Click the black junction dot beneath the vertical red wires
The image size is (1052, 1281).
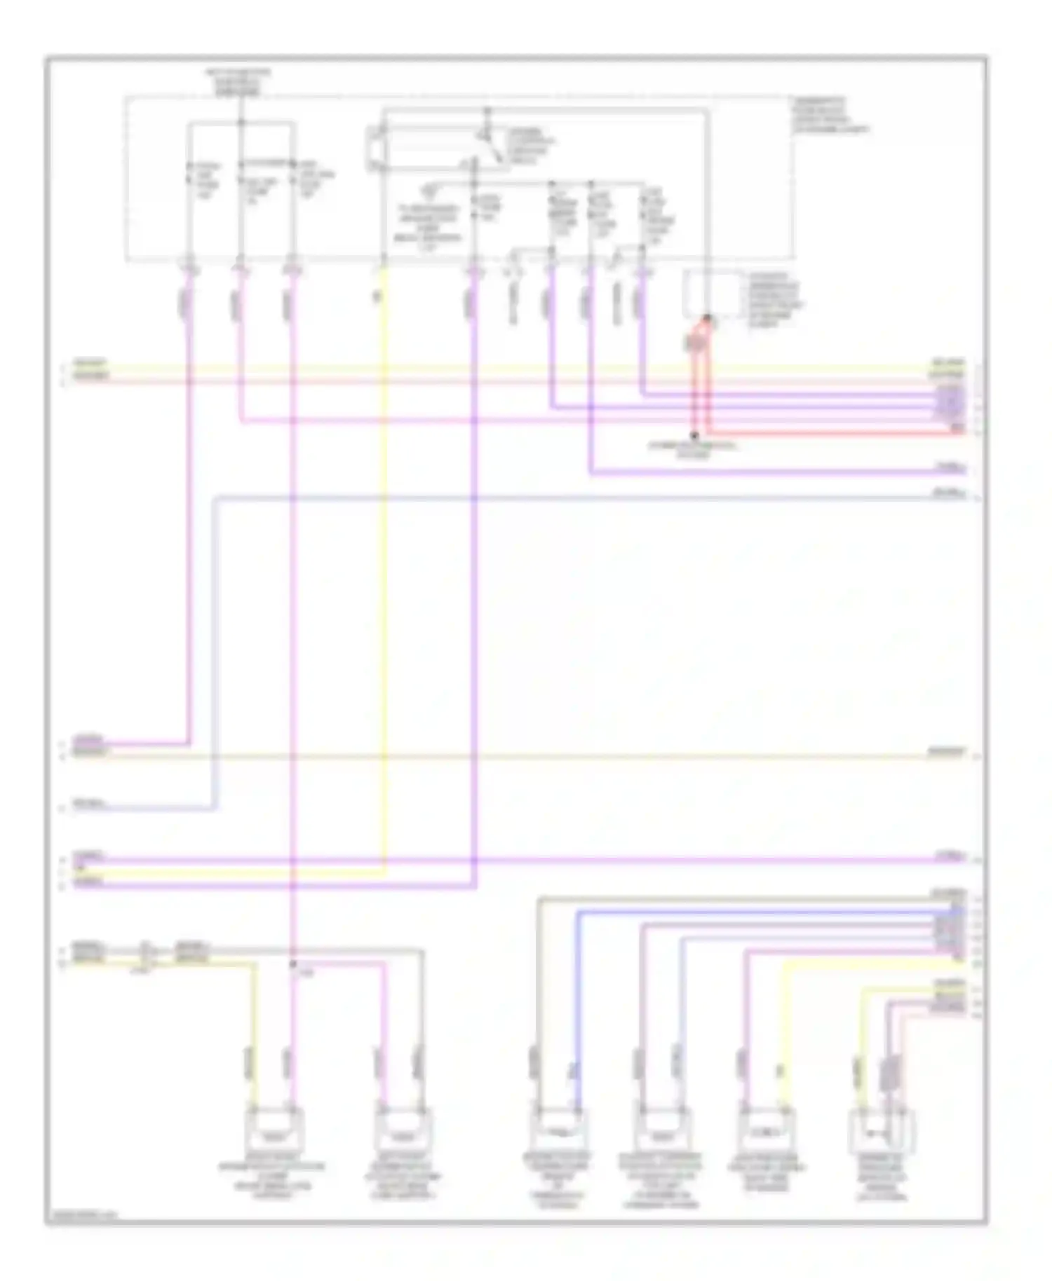point(694,435)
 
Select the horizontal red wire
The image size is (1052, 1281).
point(835,433)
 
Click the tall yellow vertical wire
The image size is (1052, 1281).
point(384,561)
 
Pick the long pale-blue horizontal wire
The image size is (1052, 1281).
point(561,498)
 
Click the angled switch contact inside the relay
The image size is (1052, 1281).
point(495,147)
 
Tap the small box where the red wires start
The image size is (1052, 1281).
point(710,294)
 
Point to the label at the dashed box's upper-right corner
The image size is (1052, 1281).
point(830,116)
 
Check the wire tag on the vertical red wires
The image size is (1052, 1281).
point(694,343)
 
